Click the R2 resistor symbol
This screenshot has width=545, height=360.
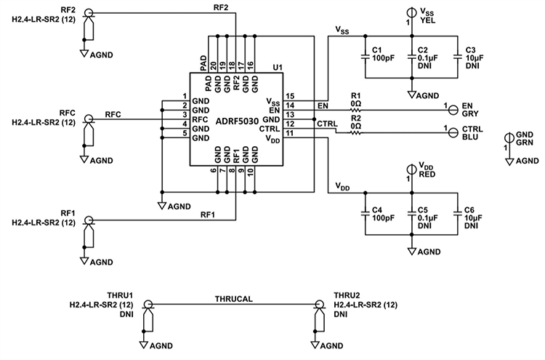point(357,131)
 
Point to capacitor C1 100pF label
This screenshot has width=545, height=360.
point(382,55)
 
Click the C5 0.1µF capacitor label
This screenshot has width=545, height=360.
point(425,217)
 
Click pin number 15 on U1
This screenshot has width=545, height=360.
point(290,95)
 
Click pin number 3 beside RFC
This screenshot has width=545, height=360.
point(185,115)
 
